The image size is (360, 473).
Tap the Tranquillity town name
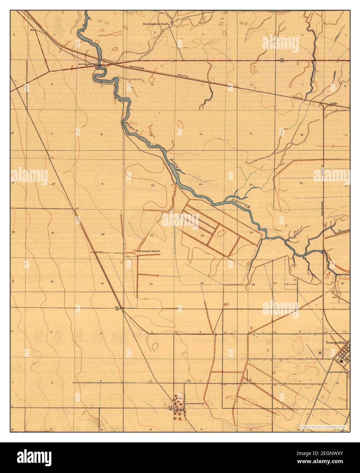[x=335, y=343]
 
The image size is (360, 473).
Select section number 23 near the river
[x=201, y=184]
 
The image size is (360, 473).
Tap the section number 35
[x=202, y=283]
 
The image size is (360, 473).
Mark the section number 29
[x=52, y=233]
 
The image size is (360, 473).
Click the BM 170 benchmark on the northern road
[x=281, y=60]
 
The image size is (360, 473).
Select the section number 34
[x=151, y=283]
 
